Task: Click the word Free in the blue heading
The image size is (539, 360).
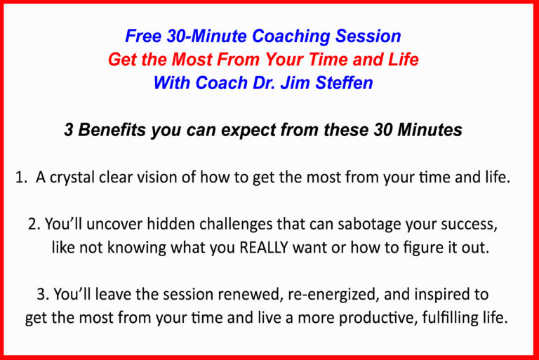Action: [x=143, y=36]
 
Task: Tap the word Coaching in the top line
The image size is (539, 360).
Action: [x=291, y=36]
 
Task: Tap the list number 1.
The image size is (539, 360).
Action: [x=20, y=178]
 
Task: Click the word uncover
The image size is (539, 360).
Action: [x=114, y=225]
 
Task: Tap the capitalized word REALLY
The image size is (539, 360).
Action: [x=264, y=248]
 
